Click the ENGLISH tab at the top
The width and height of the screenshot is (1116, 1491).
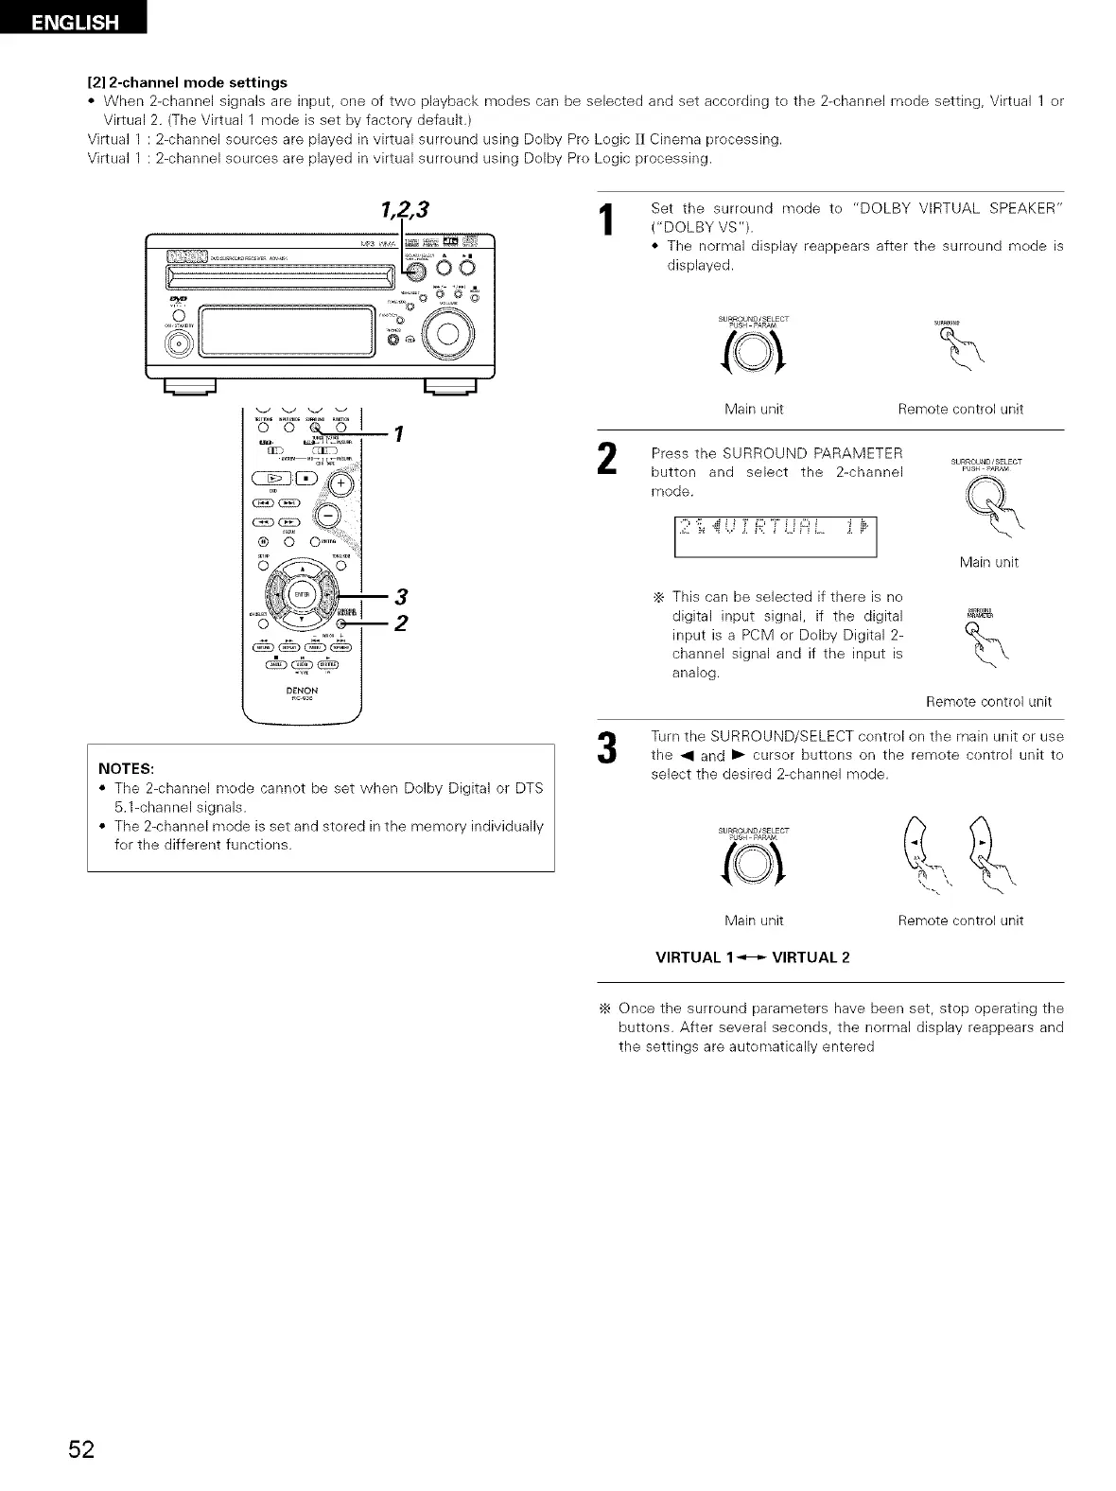coord(75,20)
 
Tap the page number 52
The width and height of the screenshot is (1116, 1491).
coord(81,1449)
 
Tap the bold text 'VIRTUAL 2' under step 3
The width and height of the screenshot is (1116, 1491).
coord(811,956)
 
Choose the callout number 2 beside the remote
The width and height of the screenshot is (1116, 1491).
coord(402,623)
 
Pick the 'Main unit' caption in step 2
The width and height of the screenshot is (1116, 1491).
coord(988,562)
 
